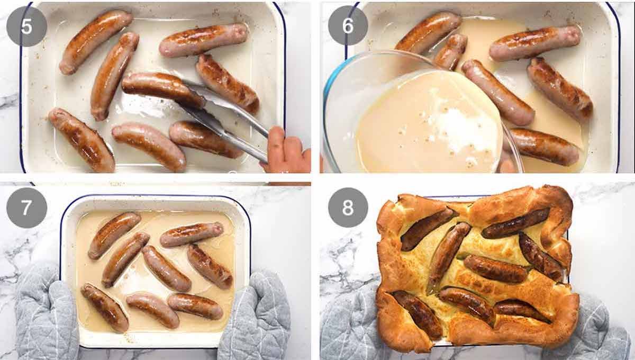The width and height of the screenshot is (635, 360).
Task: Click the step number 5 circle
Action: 26,26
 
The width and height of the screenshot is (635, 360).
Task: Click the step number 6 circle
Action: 348,25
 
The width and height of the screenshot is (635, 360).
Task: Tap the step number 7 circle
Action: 26,208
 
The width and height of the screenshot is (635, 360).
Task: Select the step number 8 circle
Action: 348,208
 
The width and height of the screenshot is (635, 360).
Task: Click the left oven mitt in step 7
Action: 45,312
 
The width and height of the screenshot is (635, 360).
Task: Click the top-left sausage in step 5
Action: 95,41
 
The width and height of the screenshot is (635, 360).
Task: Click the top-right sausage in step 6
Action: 534,42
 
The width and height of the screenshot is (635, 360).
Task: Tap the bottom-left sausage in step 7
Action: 104,307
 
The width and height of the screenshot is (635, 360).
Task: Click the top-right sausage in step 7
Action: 192,235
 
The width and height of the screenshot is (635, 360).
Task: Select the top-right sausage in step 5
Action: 204,40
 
